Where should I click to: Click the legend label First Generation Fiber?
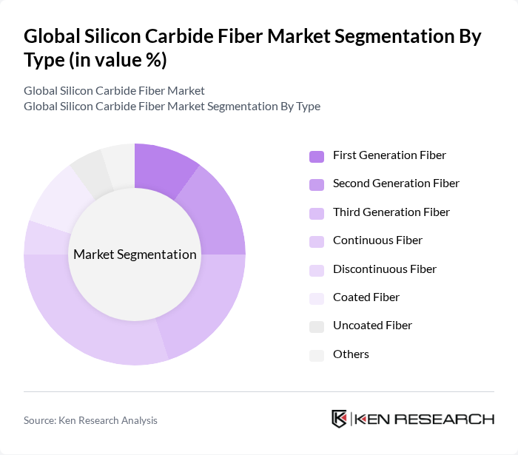tap(389, 155)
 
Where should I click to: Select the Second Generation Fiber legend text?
tap(396, 183)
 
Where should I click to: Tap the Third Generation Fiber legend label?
tap(391, 212)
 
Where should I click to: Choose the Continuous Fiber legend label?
tap(377, 240)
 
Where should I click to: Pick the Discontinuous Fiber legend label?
tap(384, 269)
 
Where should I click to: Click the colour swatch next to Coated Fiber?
tap(316, 298)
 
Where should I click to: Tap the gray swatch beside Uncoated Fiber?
tap(316, 326)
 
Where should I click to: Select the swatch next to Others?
tap(316, 355)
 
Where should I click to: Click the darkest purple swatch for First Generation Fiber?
tap(316, 156)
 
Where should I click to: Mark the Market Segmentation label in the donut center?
tap(135, 255)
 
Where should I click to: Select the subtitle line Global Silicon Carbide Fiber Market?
tap(114, 91)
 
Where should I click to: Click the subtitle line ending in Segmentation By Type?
tap(172, 107)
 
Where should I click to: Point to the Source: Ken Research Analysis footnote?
tap(90, 420)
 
